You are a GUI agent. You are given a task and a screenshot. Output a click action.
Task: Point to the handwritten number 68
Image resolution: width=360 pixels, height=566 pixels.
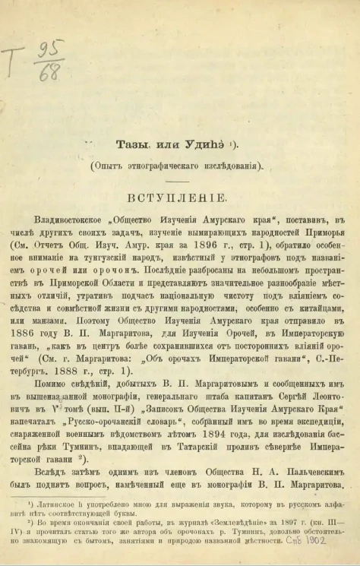pos(50,75)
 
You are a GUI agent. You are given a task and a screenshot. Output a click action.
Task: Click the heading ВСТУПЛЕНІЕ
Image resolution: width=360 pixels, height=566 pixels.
pos(178,197)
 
